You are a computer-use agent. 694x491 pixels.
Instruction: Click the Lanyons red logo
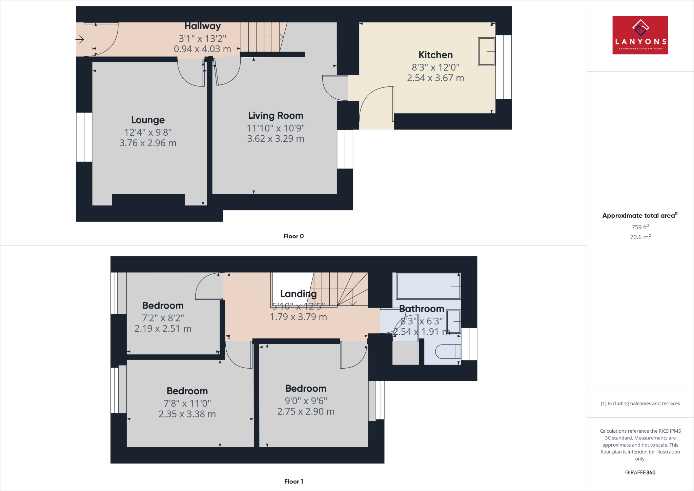point(640,35)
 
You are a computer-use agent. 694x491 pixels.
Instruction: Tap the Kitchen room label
point(435,55)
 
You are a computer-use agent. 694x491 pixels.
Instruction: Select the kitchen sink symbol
point(487,52)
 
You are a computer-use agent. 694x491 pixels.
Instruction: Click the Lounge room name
point(148,120)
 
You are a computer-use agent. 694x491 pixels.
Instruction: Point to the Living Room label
point(275,116)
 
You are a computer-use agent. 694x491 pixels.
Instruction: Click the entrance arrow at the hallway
point(80,40)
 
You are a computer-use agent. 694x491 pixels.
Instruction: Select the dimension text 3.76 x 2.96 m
point(148,143)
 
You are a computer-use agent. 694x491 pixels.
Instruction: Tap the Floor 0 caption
point(293,236)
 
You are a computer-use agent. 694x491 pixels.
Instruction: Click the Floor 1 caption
point(293,482)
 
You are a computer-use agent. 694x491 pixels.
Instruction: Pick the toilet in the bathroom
point(447,352)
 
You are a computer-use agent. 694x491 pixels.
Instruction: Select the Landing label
point(298,294)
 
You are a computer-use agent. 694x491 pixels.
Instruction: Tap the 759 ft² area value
point(640,227)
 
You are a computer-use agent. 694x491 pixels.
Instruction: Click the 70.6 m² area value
point(640,237)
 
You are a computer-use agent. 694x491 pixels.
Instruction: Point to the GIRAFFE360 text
point(640,472)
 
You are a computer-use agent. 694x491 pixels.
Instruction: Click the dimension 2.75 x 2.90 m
point(306,412)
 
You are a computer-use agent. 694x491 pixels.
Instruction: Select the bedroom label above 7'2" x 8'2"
point(163,306)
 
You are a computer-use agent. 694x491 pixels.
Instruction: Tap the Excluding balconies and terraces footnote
point(640,404)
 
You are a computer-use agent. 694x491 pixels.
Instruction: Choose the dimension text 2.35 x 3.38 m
point(187,414)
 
